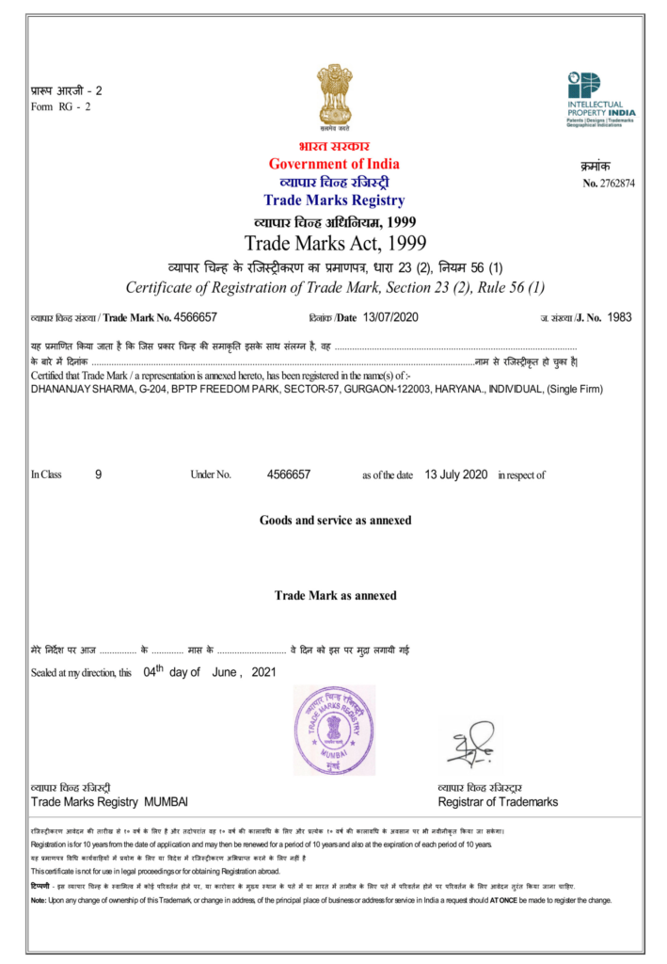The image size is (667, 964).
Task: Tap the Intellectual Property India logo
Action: click(600, 97)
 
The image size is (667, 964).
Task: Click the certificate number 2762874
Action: click(615, 183)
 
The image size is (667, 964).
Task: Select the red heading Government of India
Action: click(334, 165)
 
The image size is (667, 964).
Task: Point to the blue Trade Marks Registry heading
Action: click(334, 200)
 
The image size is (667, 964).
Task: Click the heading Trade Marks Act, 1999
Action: click(335, 243)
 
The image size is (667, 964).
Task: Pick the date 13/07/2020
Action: click(389, 317)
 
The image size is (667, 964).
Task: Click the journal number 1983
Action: click(620, 317)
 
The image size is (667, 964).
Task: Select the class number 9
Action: click(98, 474)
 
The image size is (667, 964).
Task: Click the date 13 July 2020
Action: click(455, 474)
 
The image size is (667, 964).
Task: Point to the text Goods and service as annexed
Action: click(335, 520)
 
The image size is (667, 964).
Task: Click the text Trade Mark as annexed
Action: click(335, 595)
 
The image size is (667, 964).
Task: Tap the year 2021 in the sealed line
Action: click(264, 673)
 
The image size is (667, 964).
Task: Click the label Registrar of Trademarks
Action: click(498, 802)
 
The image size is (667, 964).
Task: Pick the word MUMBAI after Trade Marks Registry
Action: click(166, 802)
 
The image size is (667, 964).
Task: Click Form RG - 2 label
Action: click(60, 106)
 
